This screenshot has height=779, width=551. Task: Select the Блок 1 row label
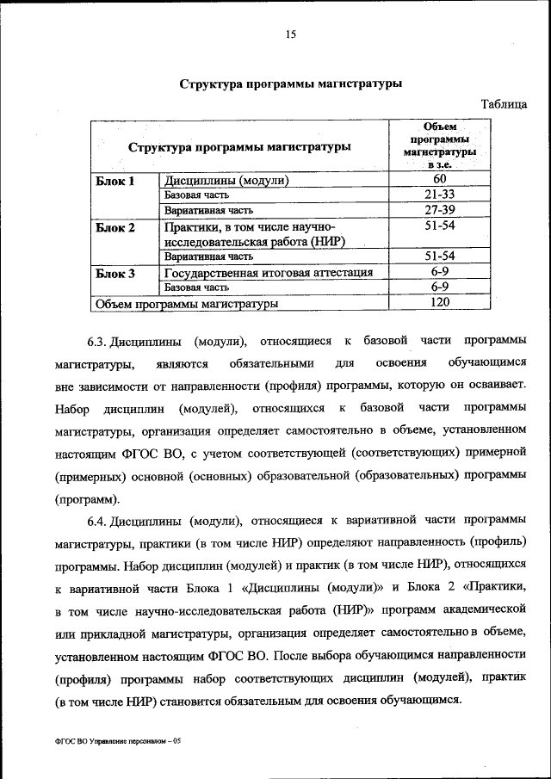[x=115, y=181]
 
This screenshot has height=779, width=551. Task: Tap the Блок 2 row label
[x=115, y=228]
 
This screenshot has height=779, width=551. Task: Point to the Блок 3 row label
[x=115, y=273]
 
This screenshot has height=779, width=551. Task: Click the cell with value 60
[x=439, y=179]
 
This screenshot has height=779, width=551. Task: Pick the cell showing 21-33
[x=439, y=195]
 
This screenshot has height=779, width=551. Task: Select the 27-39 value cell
[x=439, y=210]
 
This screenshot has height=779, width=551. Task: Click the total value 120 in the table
[x=439, y=303]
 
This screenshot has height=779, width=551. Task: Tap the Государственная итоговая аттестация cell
[x=269, y=273]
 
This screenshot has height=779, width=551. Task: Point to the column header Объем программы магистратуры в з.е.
[x=439, y=145]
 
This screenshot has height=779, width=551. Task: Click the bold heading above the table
[x=291, y=83]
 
